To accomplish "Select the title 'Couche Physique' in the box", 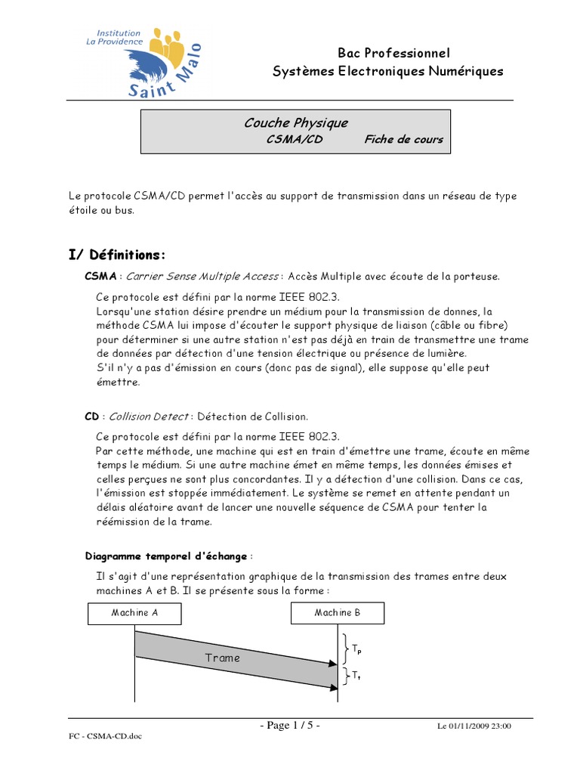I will [295, 122].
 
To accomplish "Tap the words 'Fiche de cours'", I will [403, 139].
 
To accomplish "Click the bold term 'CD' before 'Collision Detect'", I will [91, 416].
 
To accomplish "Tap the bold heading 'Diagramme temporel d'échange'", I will [166, 556].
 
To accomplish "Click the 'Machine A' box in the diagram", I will [134, 613].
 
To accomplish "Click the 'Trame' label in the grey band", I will [222, 658].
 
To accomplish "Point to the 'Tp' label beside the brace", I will [356, 649].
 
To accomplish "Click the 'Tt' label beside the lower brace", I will [356, 676].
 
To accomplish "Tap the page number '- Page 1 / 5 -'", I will [290, 726].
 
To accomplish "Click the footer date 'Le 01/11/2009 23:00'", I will [475, 727].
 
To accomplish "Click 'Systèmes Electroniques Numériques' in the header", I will [387, 72].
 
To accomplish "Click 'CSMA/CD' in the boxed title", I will [295, 139].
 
